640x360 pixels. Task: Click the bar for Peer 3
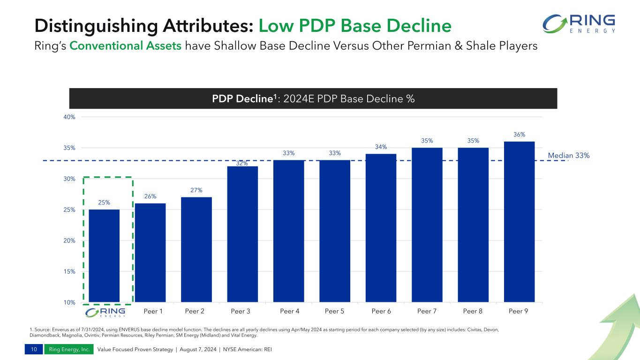pos(242,234)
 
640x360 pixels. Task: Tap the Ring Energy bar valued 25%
pos(104,255)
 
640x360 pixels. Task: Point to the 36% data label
pos(519,135)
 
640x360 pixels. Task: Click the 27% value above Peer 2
pos(196,190)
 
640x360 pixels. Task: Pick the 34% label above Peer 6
pos(381,147)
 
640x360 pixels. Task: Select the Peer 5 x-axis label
pos(335,311)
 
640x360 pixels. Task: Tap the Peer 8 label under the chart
pos(473,311)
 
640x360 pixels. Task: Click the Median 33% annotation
pos(568,155)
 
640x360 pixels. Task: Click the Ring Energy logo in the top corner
pos(579,23)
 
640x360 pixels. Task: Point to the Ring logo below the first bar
pos(104,312)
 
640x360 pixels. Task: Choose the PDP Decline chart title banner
pos(313,99)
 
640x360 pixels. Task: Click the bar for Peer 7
pos(427,225)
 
